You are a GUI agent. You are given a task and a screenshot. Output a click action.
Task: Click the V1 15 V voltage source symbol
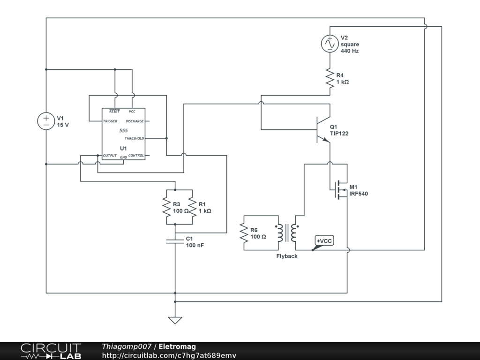[x=46, y=121]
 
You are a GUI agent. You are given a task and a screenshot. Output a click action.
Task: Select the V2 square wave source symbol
[x=329, y=44]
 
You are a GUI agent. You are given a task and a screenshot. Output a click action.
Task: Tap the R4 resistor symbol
[x=329, y=78]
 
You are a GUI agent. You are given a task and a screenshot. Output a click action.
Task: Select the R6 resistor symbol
[x=244, y=233]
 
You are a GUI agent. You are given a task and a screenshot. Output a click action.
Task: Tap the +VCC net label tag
[x=324, y=241]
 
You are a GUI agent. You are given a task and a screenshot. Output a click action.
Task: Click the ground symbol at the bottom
[x=175, y=320]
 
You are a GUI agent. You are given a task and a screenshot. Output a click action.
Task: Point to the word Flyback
[x=287, y=256]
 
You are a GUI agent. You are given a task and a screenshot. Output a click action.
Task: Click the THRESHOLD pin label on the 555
[x=134, y=138]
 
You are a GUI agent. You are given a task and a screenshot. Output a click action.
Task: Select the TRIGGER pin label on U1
[x=110, y=121]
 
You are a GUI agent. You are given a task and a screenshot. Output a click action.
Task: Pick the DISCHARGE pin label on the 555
[x=135, y=121]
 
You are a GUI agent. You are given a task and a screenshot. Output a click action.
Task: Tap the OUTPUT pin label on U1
[x=110, y=156]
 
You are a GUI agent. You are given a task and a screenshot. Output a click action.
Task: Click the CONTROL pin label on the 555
[x=136, y=156]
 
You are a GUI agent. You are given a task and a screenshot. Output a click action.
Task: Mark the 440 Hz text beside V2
[x=350, y=51]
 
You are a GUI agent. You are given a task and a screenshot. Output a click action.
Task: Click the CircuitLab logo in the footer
[x=51, y=351]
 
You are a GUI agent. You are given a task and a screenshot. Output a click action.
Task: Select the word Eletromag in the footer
[x=177, y=347]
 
